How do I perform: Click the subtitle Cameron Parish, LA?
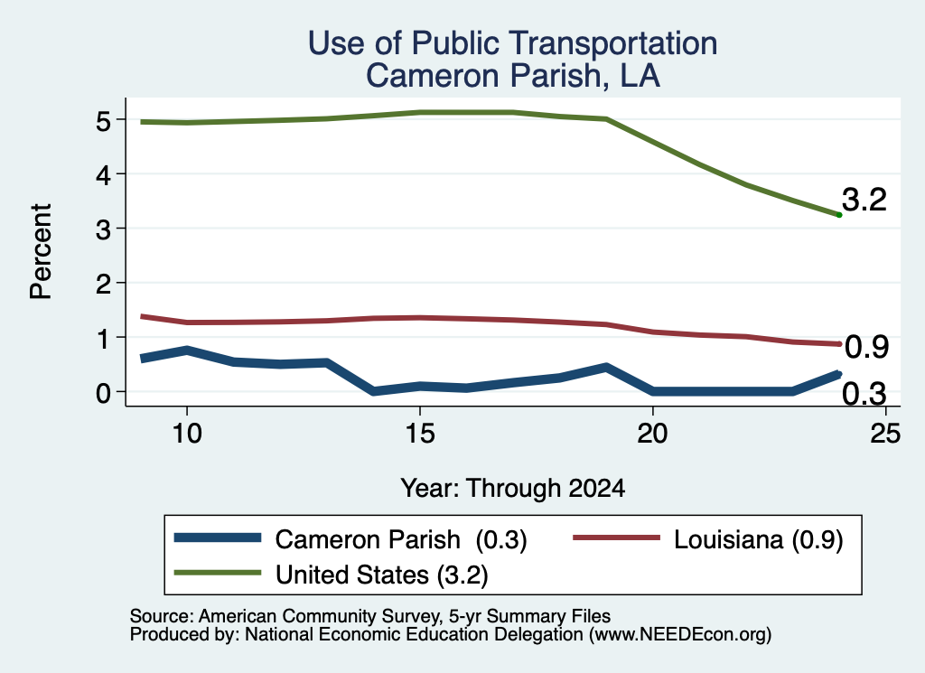[513, 76]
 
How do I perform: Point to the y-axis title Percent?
[41, 252]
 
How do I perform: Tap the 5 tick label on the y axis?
[103, 122]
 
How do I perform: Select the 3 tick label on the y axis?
[103, 229]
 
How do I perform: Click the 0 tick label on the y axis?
[103, 393]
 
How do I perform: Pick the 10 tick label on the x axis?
[187, 434]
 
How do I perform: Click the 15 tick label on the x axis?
[420, 434]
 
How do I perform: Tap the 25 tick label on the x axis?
[885, 434]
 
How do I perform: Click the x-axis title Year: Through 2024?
[513, 489]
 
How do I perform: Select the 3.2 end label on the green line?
[864, 200]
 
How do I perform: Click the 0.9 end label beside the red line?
[866, 347]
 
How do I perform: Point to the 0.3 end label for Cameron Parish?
[864, 394]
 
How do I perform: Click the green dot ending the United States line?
[839, 215]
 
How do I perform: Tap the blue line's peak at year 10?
[187, 351]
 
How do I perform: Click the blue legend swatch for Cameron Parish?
[218, 537]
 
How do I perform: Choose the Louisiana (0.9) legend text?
[759, 539]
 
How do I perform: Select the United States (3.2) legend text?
[382, 575]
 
